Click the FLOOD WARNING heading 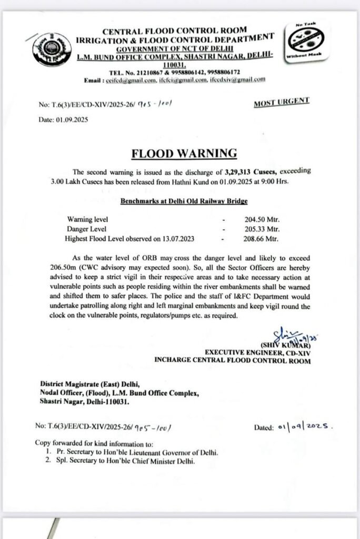pos(184,153)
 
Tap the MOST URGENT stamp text pos(281,103)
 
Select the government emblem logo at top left pos(51,49)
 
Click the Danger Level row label pos(86,229)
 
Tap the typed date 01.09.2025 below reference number pos(64,119)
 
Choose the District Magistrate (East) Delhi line pos(86,384)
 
